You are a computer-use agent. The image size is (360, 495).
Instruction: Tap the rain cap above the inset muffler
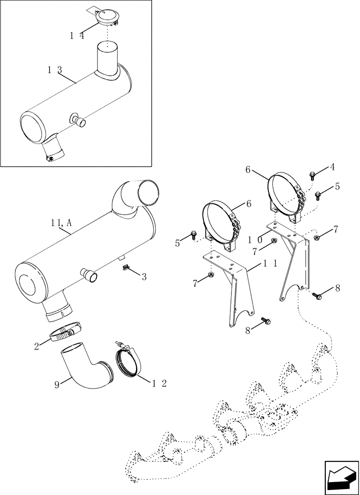tap(105, 18)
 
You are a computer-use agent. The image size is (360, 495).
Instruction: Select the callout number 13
tap(54, 71)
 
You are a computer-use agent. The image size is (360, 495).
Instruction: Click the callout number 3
tap(144, 277)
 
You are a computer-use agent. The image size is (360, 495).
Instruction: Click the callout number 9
tap(57, 384)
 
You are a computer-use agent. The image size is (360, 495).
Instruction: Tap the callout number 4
tap(332, 167)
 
